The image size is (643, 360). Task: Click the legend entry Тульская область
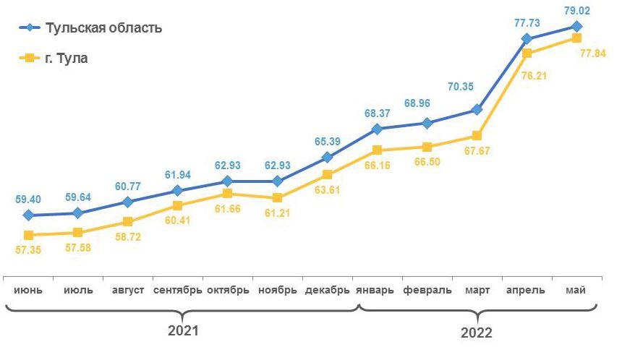pos(103,28)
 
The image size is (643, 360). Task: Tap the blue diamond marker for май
pos(576,26)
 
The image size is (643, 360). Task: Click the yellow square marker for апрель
pos(527,53)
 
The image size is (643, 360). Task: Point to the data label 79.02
pos(576,11)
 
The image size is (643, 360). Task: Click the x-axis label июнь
pos(28,290)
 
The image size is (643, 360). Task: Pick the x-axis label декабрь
pos(328,290)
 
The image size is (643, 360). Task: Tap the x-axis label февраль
pos(427,290)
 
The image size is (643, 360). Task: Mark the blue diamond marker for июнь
pos(28,215)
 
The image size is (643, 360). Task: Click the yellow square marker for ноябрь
pos(278,197)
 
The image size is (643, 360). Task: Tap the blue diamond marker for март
pos(477,110)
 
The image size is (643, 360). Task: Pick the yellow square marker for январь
pos(377,150)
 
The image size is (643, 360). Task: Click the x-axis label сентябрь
pos(178,290)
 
